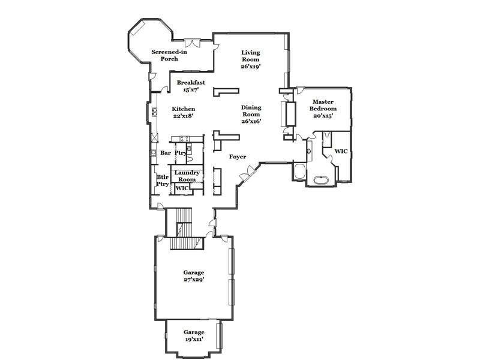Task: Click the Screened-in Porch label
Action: click(169, 55)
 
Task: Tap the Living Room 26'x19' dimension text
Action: click(251, 67)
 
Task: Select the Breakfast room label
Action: click(191, 83)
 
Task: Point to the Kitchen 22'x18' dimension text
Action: click(184, 116)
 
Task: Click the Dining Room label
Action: click(251, 111)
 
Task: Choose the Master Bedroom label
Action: click(323, 105)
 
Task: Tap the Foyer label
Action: click(238, 157)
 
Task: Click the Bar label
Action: click(166, 153)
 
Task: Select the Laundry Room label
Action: click(187, 176)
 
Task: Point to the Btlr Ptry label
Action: click(163, 181)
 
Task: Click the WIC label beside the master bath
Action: click(341, 151)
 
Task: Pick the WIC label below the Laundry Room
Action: click(182, 188)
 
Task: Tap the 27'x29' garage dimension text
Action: click(194, 280)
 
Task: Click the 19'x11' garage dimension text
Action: click(194, 339)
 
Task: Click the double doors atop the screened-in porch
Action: click(193, 43)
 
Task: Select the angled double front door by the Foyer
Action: click(247, 173)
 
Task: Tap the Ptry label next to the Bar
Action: click(181, 153)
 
